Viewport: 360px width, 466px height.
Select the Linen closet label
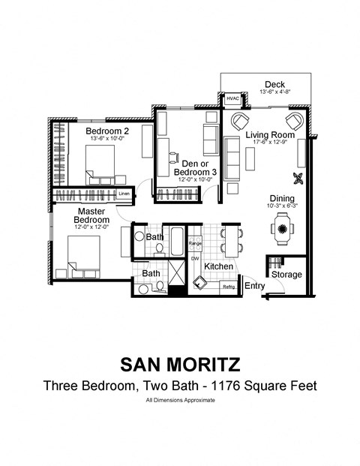coord(124,194)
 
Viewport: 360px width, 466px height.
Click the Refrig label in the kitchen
coord(228,286)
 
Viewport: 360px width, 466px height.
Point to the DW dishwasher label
coord(194,258)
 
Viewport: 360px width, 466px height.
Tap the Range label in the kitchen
coord(195,243)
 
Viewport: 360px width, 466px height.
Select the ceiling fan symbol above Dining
coord(298,179)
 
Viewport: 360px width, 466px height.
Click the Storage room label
coord(286,275)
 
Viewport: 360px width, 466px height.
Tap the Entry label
coord(254,286)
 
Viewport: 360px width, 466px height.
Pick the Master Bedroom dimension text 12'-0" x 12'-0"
coord(91,227)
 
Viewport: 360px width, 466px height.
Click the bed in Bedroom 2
coord(100,163)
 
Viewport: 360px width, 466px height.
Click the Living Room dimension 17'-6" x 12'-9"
coord(268,142)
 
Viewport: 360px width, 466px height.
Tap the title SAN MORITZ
coord(180,365)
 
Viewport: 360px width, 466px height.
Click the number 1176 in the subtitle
coord(229,386)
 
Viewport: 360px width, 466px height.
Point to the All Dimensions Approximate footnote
coord(180,401)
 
